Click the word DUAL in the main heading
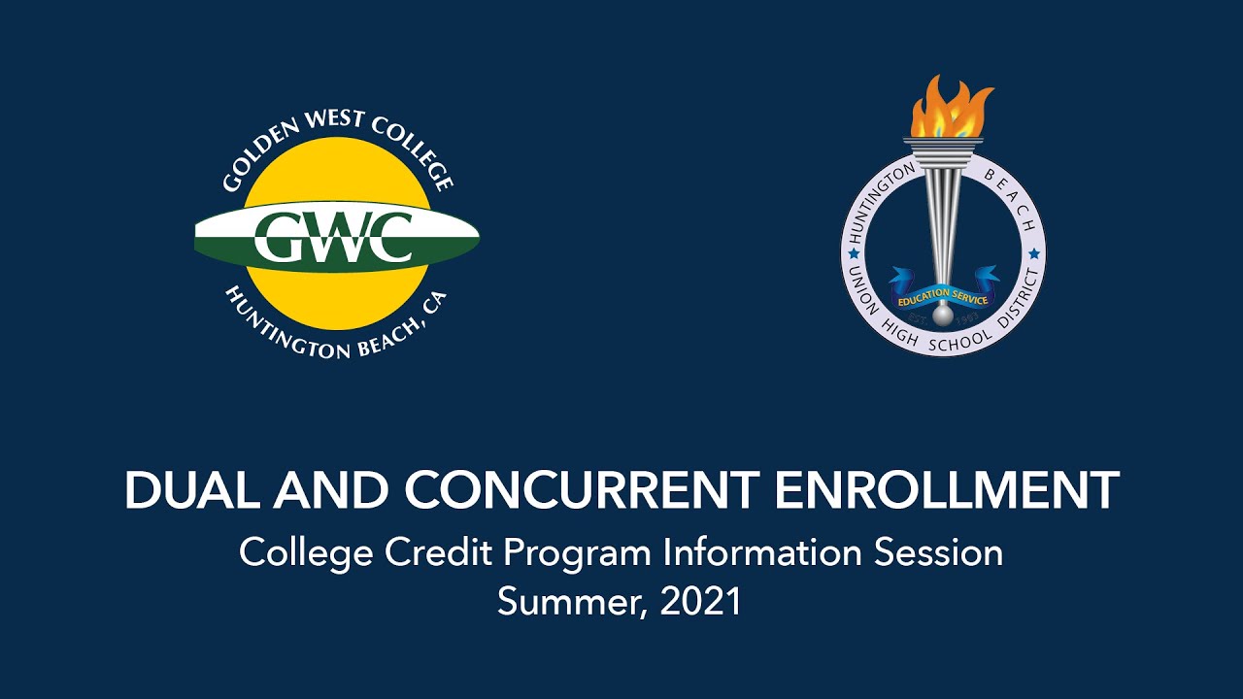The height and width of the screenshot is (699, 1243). click(x=191, y=491)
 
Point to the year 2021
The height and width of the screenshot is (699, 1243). click(x=701, y=602)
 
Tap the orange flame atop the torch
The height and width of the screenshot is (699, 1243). click(x=950, y=108)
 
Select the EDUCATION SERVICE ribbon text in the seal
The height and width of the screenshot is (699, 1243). click(x=943, y=296)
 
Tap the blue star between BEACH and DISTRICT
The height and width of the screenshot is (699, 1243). click(x=1034, y=253)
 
